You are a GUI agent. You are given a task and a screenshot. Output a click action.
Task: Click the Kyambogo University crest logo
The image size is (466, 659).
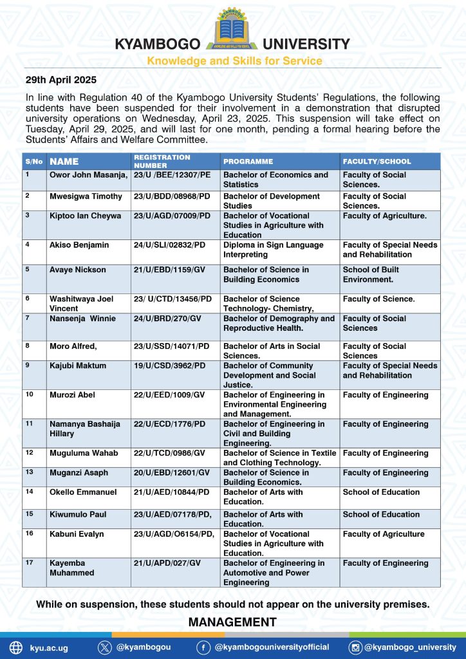coord(233,31)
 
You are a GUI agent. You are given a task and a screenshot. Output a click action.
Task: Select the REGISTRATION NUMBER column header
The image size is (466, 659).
coord(162,161)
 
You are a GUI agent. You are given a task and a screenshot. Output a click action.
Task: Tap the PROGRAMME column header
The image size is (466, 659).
coord(248,162)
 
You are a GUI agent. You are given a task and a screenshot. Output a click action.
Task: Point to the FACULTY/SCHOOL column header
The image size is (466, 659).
coord(377,162)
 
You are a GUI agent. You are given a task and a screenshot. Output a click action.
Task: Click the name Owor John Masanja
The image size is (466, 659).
coord(89,175)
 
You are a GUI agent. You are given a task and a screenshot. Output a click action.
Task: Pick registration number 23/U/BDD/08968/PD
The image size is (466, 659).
coord(172,196)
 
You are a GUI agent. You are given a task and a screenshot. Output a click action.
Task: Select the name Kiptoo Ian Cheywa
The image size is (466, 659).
coord(85,216)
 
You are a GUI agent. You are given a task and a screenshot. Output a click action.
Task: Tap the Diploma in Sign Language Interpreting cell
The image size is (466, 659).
coord(273,250)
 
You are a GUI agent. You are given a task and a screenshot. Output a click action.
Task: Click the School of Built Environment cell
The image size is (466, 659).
coord(371,274)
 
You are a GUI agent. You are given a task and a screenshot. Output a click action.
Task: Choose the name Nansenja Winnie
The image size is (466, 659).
coord(83,319)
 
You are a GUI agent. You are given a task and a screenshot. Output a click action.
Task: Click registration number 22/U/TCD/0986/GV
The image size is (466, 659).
coord(170,453)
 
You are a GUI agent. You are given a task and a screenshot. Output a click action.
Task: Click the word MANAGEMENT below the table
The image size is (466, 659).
coord(232,622)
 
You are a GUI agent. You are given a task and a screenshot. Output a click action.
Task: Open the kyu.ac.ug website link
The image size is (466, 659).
coord(49,647)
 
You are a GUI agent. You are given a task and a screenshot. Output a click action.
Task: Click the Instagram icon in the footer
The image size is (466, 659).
coord(355,647)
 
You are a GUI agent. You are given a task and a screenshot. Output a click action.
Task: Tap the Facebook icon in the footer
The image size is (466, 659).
coord(203,647)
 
